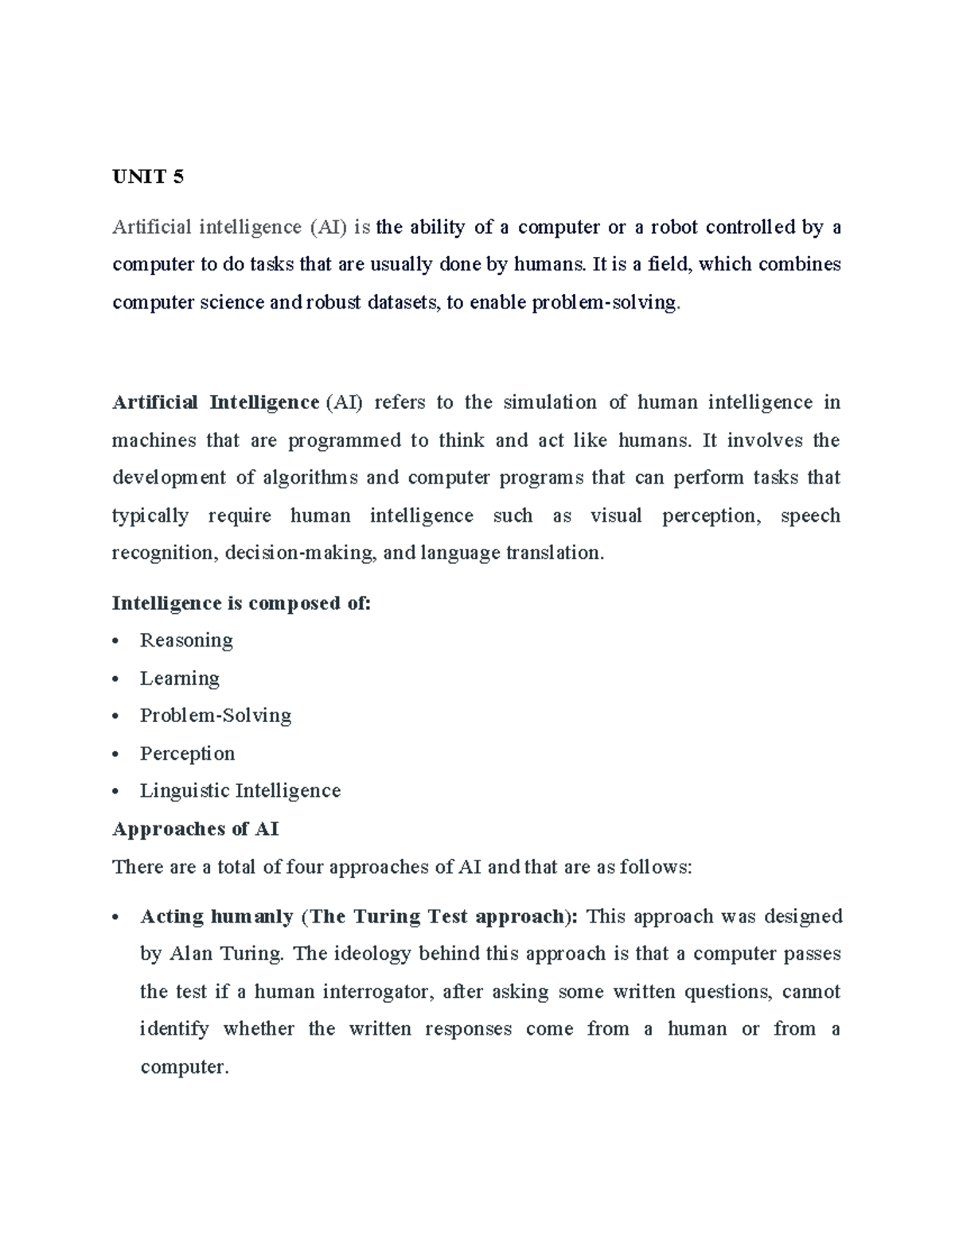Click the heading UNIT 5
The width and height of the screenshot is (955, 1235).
pos(148,177)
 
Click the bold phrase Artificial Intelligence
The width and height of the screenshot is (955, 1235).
pos(216,402)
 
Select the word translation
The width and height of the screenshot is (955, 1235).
pos(555,553)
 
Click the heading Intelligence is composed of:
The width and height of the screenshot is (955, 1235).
pos(241,604)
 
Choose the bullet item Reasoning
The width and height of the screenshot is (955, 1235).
pos(186,641)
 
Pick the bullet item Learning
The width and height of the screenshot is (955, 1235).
pos(179,678)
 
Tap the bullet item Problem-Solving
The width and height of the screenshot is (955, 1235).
pos(215,716)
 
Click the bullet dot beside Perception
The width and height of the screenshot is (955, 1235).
pos(116,755)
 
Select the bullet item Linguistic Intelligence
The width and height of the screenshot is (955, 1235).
pos(240,791)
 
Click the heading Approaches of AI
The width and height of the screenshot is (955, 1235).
pos(195,829)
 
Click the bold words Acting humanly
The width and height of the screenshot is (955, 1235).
pos(216,917)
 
